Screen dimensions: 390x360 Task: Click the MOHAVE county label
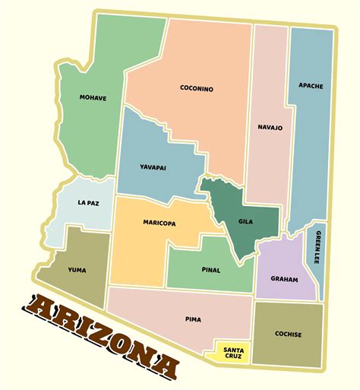tap(93, 97)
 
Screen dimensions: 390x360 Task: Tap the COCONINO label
tap(197, 88)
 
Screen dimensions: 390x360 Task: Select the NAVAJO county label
tap(270, 128)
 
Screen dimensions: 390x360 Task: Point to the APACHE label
tap(311, 86)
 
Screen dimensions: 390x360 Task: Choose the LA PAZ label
tap(88, 203)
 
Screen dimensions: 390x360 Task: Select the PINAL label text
tap(211, 269)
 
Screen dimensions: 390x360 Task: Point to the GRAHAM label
tap(284, 277)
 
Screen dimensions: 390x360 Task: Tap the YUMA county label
tap(77, 268)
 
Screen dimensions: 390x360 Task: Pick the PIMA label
tap(193, 319)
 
